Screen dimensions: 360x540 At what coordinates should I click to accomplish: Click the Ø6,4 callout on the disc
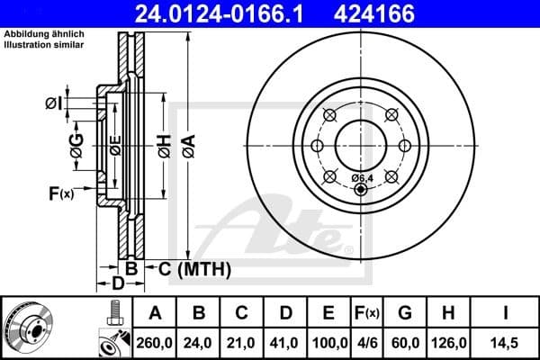click(x=363, y=177)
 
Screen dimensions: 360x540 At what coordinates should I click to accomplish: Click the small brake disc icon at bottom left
click(x=29, y=328)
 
